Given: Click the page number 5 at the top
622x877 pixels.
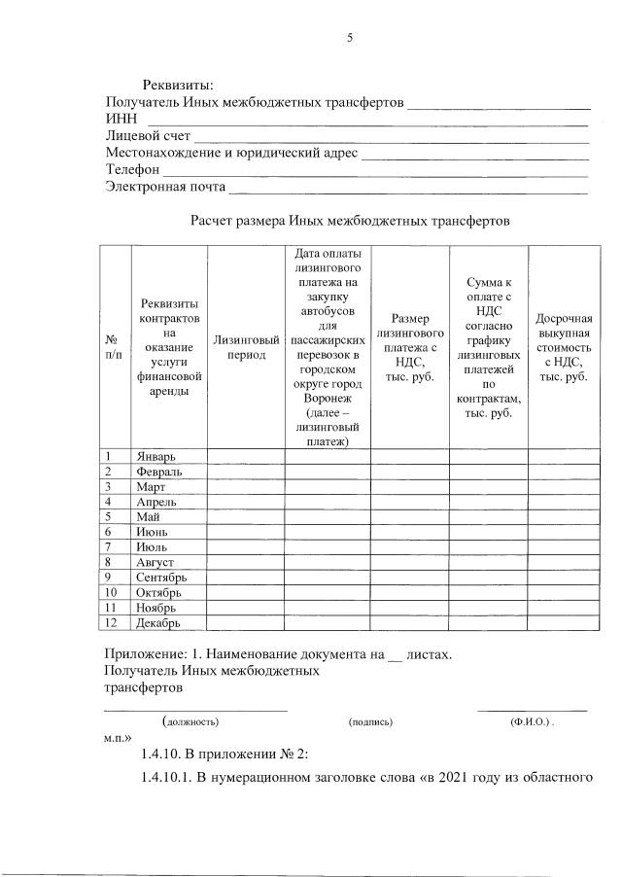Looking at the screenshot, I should [x=350, y=38].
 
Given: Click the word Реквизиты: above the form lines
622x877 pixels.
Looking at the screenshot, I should [x=179, y=87].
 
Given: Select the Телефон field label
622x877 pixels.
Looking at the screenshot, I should [x=132, y=169].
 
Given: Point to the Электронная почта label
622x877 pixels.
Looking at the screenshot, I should [x=165, y=186].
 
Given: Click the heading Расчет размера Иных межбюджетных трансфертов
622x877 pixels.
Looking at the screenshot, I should [x=350, y=221].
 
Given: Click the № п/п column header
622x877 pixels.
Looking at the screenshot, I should [x=115, y=347].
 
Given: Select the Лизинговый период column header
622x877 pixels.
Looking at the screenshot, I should [x=246, y=347].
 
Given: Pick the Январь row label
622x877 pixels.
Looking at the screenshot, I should [x=157, y=456].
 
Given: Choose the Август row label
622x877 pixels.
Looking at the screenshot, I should [x=155, y=563].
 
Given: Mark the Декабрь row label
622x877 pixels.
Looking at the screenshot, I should [x=160, y=623].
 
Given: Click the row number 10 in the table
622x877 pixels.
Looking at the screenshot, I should [x=115, y=592].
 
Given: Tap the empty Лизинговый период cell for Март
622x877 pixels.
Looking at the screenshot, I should [x=246, y=486].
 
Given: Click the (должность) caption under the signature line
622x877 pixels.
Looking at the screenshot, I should [x=191, y=722].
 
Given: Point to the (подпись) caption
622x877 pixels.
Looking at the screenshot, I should [x=370, y=722].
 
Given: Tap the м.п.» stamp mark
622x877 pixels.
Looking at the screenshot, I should [x=118, y=739].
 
